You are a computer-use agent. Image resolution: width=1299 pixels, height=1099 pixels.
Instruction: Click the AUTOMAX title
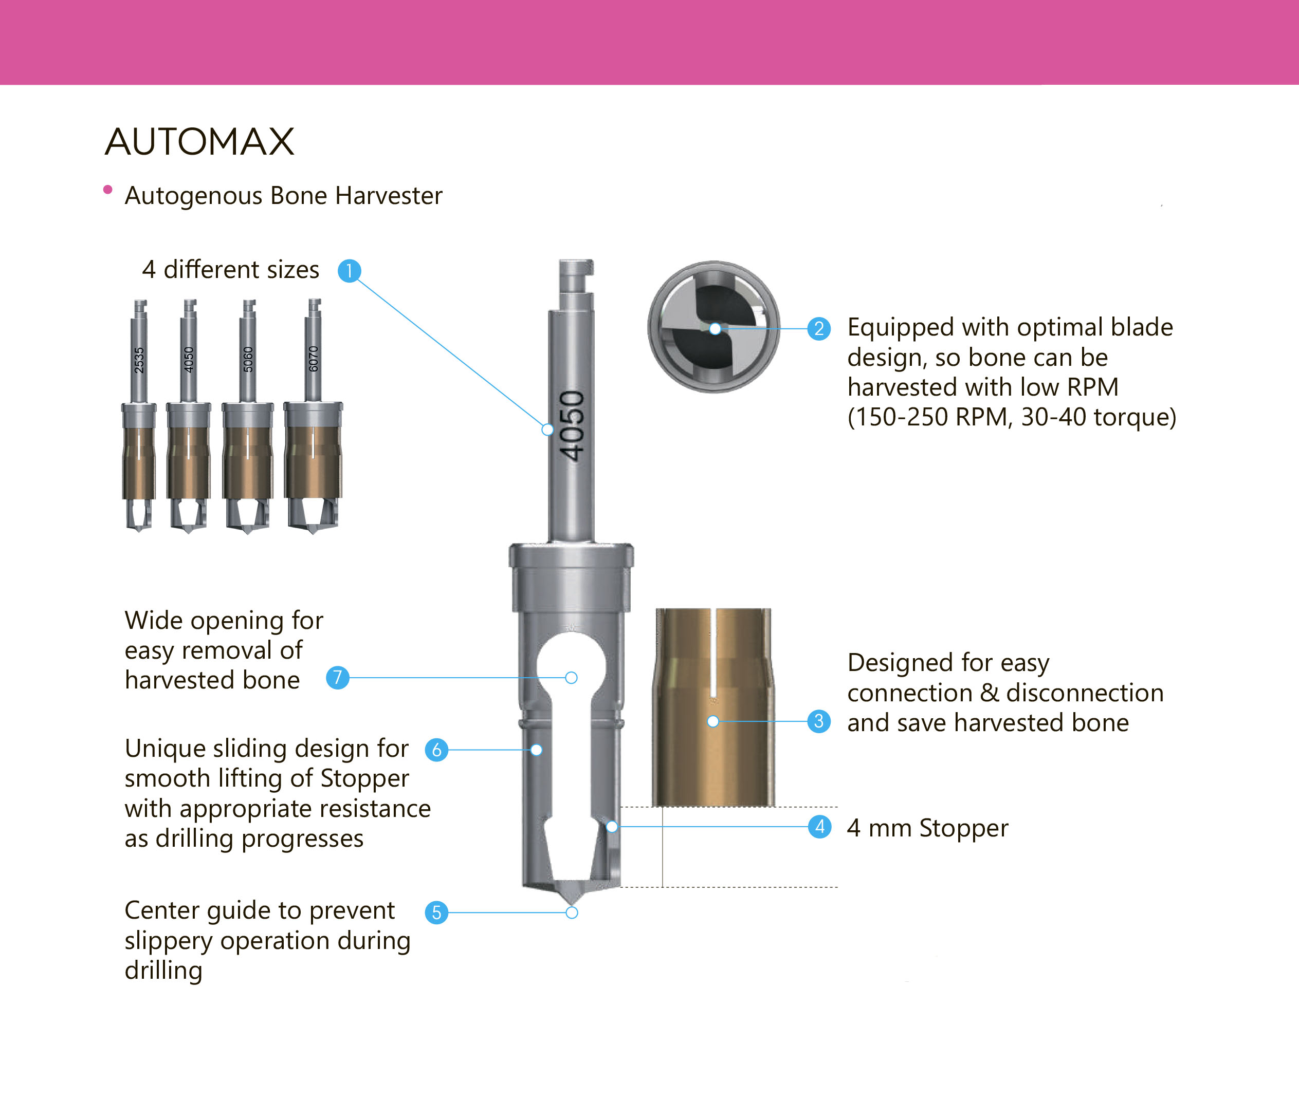199,141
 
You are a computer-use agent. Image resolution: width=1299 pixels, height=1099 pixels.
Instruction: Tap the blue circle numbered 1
349,271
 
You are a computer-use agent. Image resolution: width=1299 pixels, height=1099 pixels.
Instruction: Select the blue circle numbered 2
819,328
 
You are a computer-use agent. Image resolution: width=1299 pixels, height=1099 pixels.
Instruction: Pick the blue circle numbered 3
819,721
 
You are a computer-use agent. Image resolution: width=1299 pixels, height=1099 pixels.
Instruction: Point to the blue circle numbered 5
436,912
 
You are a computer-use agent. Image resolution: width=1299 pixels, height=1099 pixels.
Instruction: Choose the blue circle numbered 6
436,750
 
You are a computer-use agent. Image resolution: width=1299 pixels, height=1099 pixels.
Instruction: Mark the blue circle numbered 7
337,677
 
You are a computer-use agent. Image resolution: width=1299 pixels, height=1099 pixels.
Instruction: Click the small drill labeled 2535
138,416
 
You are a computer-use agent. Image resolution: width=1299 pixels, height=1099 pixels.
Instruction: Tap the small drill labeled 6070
313,416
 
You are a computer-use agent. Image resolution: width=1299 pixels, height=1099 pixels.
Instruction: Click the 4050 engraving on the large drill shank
572,426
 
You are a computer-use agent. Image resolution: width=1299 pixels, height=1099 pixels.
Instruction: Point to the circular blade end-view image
713,327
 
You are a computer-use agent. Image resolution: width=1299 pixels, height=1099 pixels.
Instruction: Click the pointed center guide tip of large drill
572,903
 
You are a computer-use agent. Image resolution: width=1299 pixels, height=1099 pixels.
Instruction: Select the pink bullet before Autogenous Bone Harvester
108,190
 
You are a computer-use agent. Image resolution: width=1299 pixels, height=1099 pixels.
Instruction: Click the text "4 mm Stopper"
927,828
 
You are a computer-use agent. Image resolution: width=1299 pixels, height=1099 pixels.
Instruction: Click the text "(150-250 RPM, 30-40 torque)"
1012,417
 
